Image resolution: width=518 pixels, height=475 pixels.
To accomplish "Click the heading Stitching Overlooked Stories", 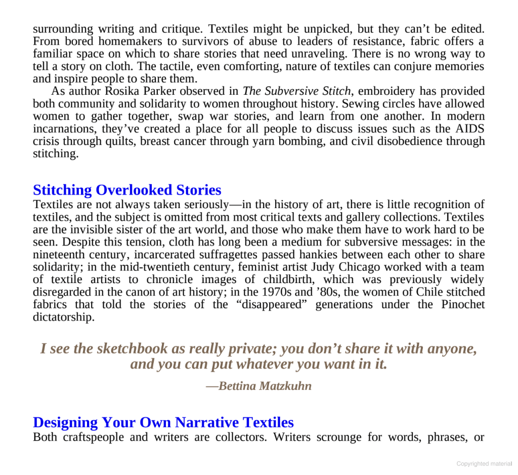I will point(127,190).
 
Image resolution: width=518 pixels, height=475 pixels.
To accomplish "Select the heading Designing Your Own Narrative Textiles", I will point(163,422).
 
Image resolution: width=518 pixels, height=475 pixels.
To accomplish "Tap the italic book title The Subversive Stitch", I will point(296,92).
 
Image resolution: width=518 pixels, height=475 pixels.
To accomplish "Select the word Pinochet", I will point(462,304).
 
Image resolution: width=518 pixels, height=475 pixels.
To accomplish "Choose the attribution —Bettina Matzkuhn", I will point(258,386).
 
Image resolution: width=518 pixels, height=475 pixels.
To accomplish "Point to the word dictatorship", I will point(63,317).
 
